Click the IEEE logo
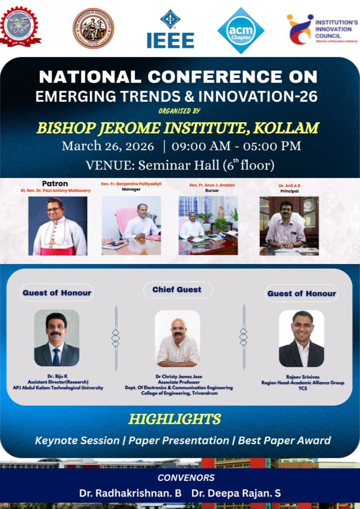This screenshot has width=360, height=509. click(x=170, y=30)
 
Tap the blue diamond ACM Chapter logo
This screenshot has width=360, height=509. click(x=241, y=30)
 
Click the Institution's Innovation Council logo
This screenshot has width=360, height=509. click(x=322, y=29)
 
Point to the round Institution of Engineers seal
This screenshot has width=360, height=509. click(x=93, y=28)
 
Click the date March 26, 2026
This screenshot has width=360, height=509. click(x=108, y=146)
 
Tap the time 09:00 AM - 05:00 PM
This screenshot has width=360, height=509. click(x=236, y=146)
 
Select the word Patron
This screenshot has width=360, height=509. click(x=55, y=184)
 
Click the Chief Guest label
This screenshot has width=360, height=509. click(x=177, y=290)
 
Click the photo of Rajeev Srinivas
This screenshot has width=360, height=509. click(x=302, y=338)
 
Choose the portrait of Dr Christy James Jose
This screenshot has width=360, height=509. click(x=177, y=338)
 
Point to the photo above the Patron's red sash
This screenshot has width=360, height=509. click(x=58, y=225)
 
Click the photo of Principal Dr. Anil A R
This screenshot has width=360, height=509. click(x=289, y=225)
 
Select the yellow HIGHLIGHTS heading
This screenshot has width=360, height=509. click(x=175, y=419)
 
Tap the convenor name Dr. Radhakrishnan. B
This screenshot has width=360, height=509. click(x=130, y=493)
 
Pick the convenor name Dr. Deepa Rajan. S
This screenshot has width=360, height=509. click(x=236, y=493)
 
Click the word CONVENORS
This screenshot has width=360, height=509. click(x=181, y=478)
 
